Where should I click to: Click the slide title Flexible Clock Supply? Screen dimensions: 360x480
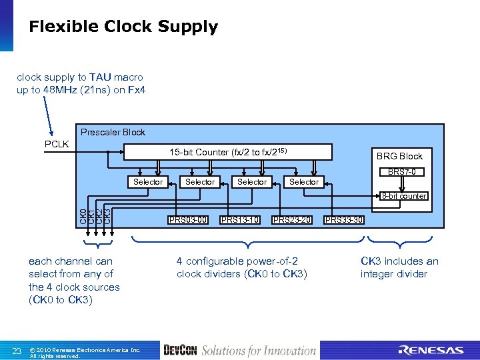[x=123, y=27]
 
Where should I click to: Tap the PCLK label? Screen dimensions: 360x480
[x=57, y=144]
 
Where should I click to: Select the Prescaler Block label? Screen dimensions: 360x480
[x=113, y=132]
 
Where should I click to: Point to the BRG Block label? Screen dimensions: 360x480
[x=399, y=156]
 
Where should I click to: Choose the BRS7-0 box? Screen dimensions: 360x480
[x=402, y=172]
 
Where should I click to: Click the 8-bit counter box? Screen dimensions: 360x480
[x=403, y=196]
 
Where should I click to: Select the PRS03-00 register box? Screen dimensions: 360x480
[x=188, y=220]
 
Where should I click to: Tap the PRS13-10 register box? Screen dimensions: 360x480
[x=240, y=220]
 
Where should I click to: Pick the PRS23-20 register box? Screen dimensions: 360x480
[x=292, y=220]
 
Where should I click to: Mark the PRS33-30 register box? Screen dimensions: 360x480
[x=344, y=220]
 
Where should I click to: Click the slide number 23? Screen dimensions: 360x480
[x=18, y=351]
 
